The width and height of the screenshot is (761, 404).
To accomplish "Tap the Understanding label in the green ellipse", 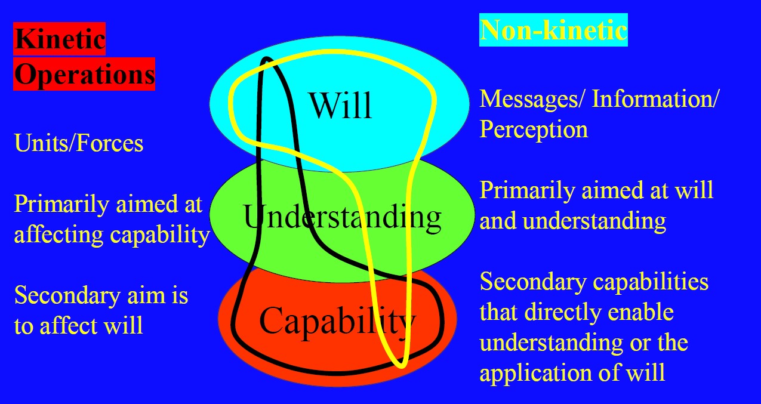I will [x=343, y=217].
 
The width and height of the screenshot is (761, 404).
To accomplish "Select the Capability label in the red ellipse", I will [x=337, y=321].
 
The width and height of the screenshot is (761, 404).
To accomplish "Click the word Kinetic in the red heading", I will [x=60, y=39].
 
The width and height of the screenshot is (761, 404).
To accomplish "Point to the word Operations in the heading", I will [x=84, y=75].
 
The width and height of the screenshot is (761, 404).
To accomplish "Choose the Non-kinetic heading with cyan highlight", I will [x=553, y=29].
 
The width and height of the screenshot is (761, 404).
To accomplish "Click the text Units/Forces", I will [x=79, y=143].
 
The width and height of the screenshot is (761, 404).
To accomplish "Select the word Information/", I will [x=655, y=99].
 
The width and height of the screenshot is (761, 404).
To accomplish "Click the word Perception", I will [x=534, y=129].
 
